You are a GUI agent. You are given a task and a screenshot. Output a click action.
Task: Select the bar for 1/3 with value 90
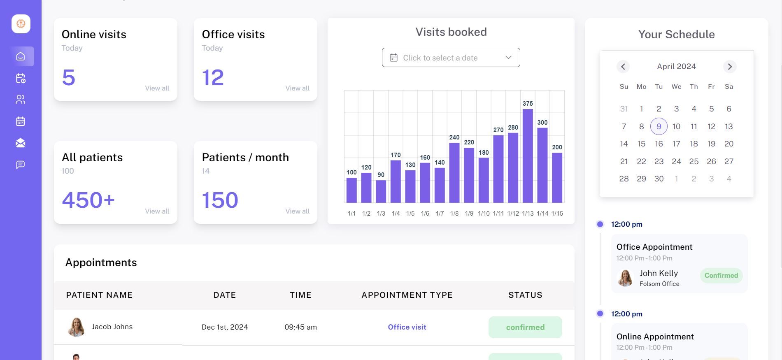pyautogui.click(x=381, y=191)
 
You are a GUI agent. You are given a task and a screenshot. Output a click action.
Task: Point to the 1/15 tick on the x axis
pyautogui.click(x=557, y=214)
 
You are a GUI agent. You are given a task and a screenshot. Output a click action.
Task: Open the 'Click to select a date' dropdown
pyautogui.click(x=451, y=58)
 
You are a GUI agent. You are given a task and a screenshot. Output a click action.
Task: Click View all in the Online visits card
pyautogui.click(x=157, y=88)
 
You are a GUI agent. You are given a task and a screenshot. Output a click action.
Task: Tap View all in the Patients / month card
pyautogui.click(x=297, y=211)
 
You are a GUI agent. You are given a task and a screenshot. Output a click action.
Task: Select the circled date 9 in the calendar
pyautogui.click(x=659, y=126)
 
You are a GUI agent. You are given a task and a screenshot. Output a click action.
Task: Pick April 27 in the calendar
pyautogui.click(x=728, y=161)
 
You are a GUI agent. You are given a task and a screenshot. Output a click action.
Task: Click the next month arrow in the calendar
pyautogui.click(x=729, y=67)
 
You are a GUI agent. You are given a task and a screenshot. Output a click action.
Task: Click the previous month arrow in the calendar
pyautogui.click(x=623, y=67)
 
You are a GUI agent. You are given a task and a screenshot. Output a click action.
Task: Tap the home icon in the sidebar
pyautogui.click(x=21, y=56)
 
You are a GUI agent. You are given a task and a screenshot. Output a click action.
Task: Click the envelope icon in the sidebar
pyautogui.click(x=21, y=143)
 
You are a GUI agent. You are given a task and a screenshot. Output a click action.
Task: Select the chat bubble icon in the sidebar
pyautogui.click(x=21, y=165)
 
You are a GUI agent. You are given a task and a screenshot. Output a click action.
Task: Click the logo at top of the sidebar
pyautogui.click(x=21, y=24)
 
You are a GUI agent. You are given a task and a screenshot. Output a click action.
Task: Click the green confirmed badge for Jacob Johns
pyautogui.click(x=525, y=327)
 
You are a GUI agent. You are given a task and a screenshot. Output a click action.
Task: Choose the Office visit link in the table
pyautogui.click(x=407, y=327)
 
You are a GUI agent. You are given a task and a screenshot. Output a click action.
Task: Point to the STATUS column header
pyautogui.click(x=525, y=295)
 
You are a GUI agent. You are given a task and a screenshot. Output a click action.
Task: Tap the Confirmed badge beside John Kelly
pyautogui.click(x=721, y=275)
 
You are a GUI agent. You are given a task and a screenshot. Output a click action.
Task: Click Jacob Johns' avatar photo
pyautogui.click(x=76, y=327)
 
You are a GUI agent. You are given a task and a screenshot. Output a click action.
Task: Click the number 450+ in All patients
pyautogui.click(x=88, y=200)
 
